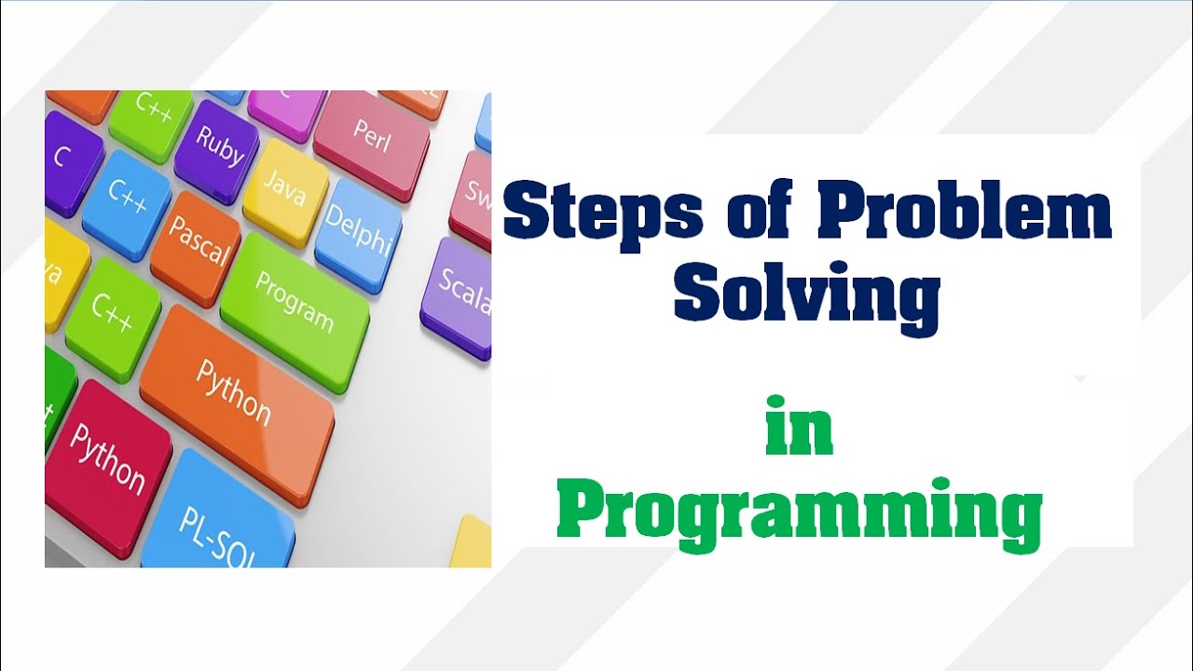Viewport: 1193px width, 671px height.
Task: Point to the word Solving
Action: click(806, 294)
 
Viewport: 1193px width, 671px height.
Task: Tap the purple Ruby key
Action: click(218, 147)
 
